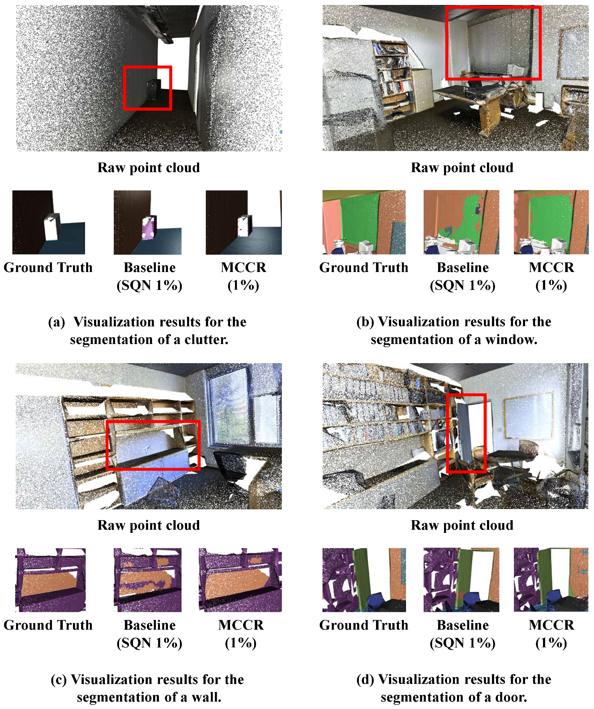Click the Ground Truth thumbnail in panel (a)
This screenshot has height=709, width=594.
(x=49, y=222)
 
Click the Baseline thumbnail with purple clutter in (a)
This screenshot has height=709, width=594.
(x=147, y=222)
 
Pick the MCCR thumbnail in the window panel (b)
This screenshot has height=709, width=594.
(x=551, y=222)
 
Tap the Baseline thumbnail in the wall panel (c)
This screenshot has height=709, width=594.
(x=147, y=580)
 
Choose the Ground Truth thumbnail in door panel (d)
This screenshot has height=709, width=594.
(x=364, y=580)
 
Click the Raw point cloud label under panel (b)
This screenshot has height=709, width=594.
(x=462, y=168)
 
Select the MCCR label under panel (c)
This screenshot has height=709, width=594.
(x=241, y=625)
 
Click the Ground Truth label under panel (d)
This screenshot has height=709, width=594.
(x=364, y=625)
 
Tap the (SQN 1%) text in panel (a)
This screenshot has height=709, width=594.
(x=149, y=286)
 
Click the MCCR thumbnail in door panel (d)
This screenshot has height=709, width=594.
(x=551, y=580)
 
